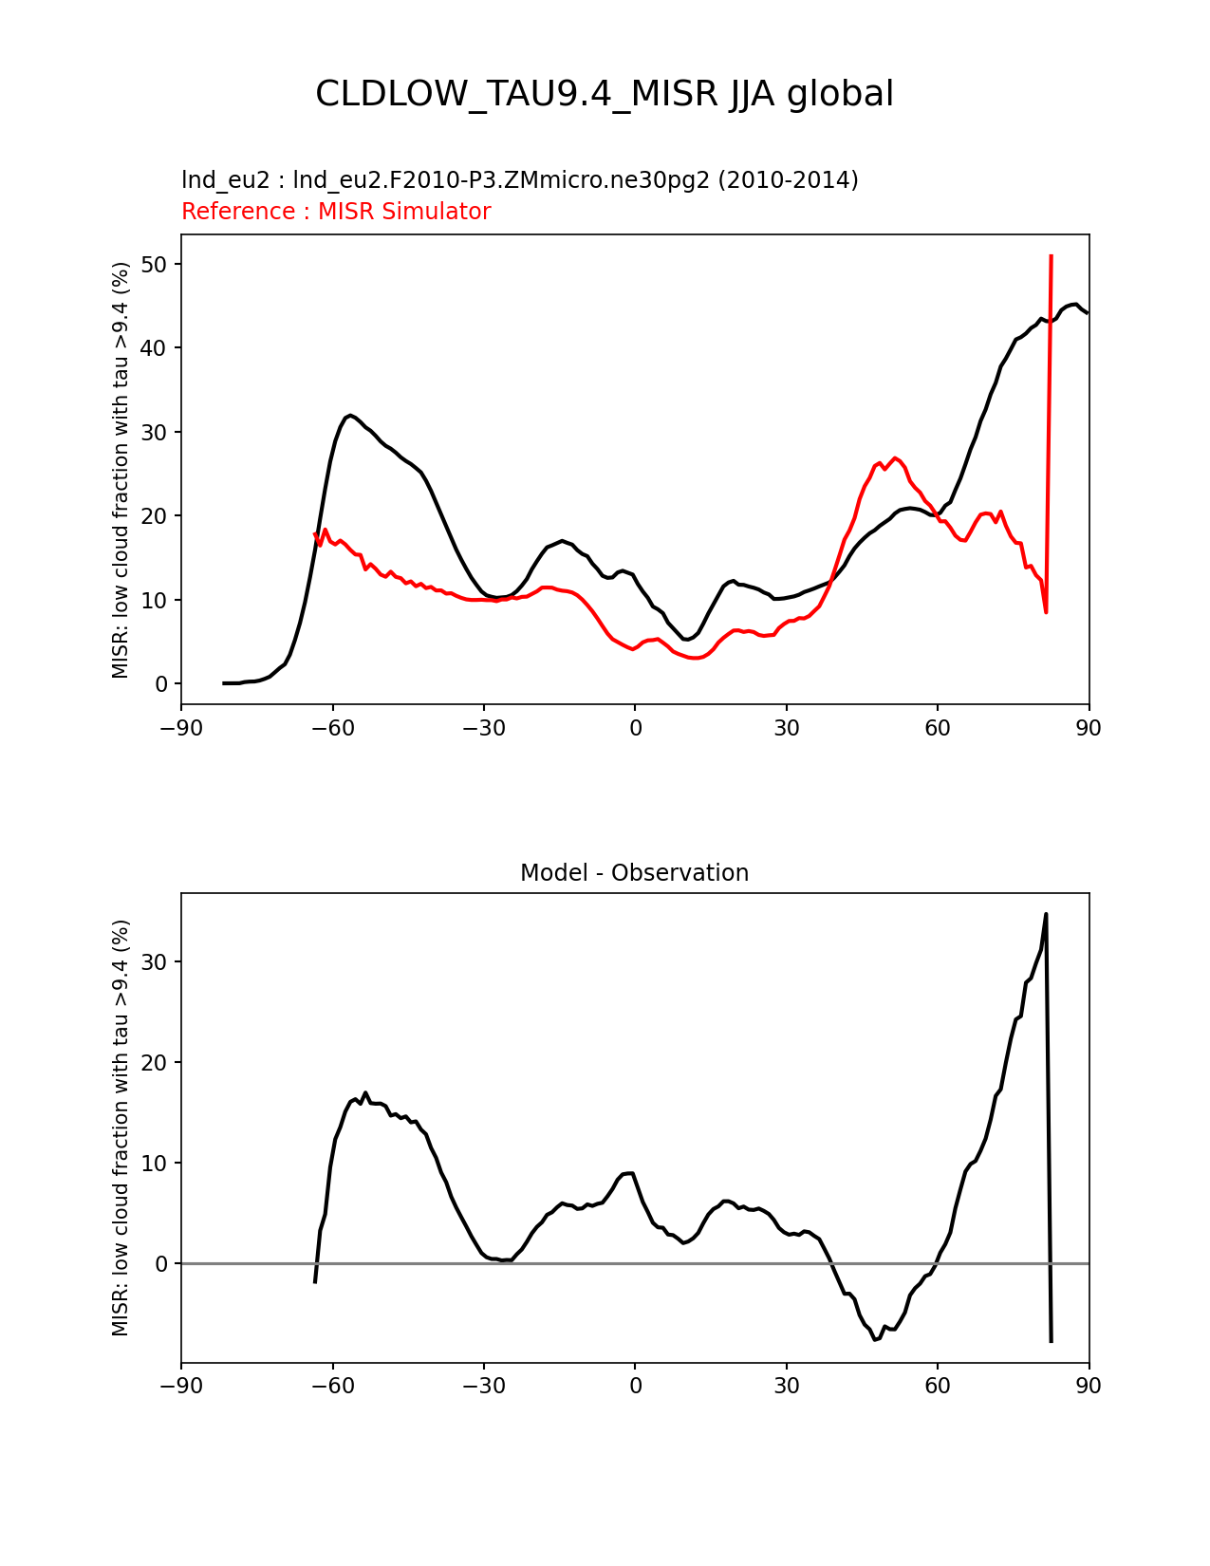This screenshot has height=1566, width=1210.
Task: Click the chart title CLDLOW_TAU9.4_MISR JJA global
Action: pos(605,94)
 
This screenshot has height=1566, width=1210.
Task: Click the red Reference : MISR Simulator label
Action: pos(336,212)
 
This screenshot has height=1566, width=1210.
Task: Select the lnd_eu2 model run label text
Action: pos(519,180)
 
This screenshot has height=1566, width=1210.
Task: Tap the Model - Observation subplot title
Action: pos(634,873)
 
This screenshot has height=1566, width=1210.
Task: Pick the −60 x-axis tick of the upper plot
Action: pos(332,728)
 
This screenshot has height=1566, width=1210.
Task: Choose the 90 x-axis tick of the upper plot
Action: pos(1089,728)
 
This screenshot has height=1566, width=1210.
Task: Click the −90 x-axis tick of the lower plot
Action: pos(181,1386)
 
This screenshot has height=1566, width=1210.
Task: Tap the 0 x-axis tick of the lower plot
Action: pos(635,1386)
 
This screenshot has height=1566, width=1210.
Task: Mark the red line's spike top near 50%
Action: pos(1051,256)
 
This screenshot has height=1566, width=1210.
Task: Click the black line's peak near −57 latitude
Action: pos(350,416)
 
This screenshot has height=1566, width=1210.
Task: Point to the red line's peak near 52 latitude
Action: pos(895,458)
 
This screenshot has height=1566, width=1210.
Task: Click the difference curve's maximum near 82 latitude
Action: pos(1045,914)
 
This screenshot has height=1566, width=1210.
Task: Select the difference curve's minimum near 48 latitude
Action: pos(875,1339)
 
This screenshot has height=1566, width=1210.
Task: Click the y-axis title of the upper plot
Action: pos(121,471)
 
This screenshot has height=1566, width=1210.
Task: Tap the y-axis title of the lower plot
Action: pos(121,1128)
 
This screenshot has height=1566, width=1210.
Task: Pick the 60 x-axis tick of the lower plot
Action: pos(938,1386)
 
